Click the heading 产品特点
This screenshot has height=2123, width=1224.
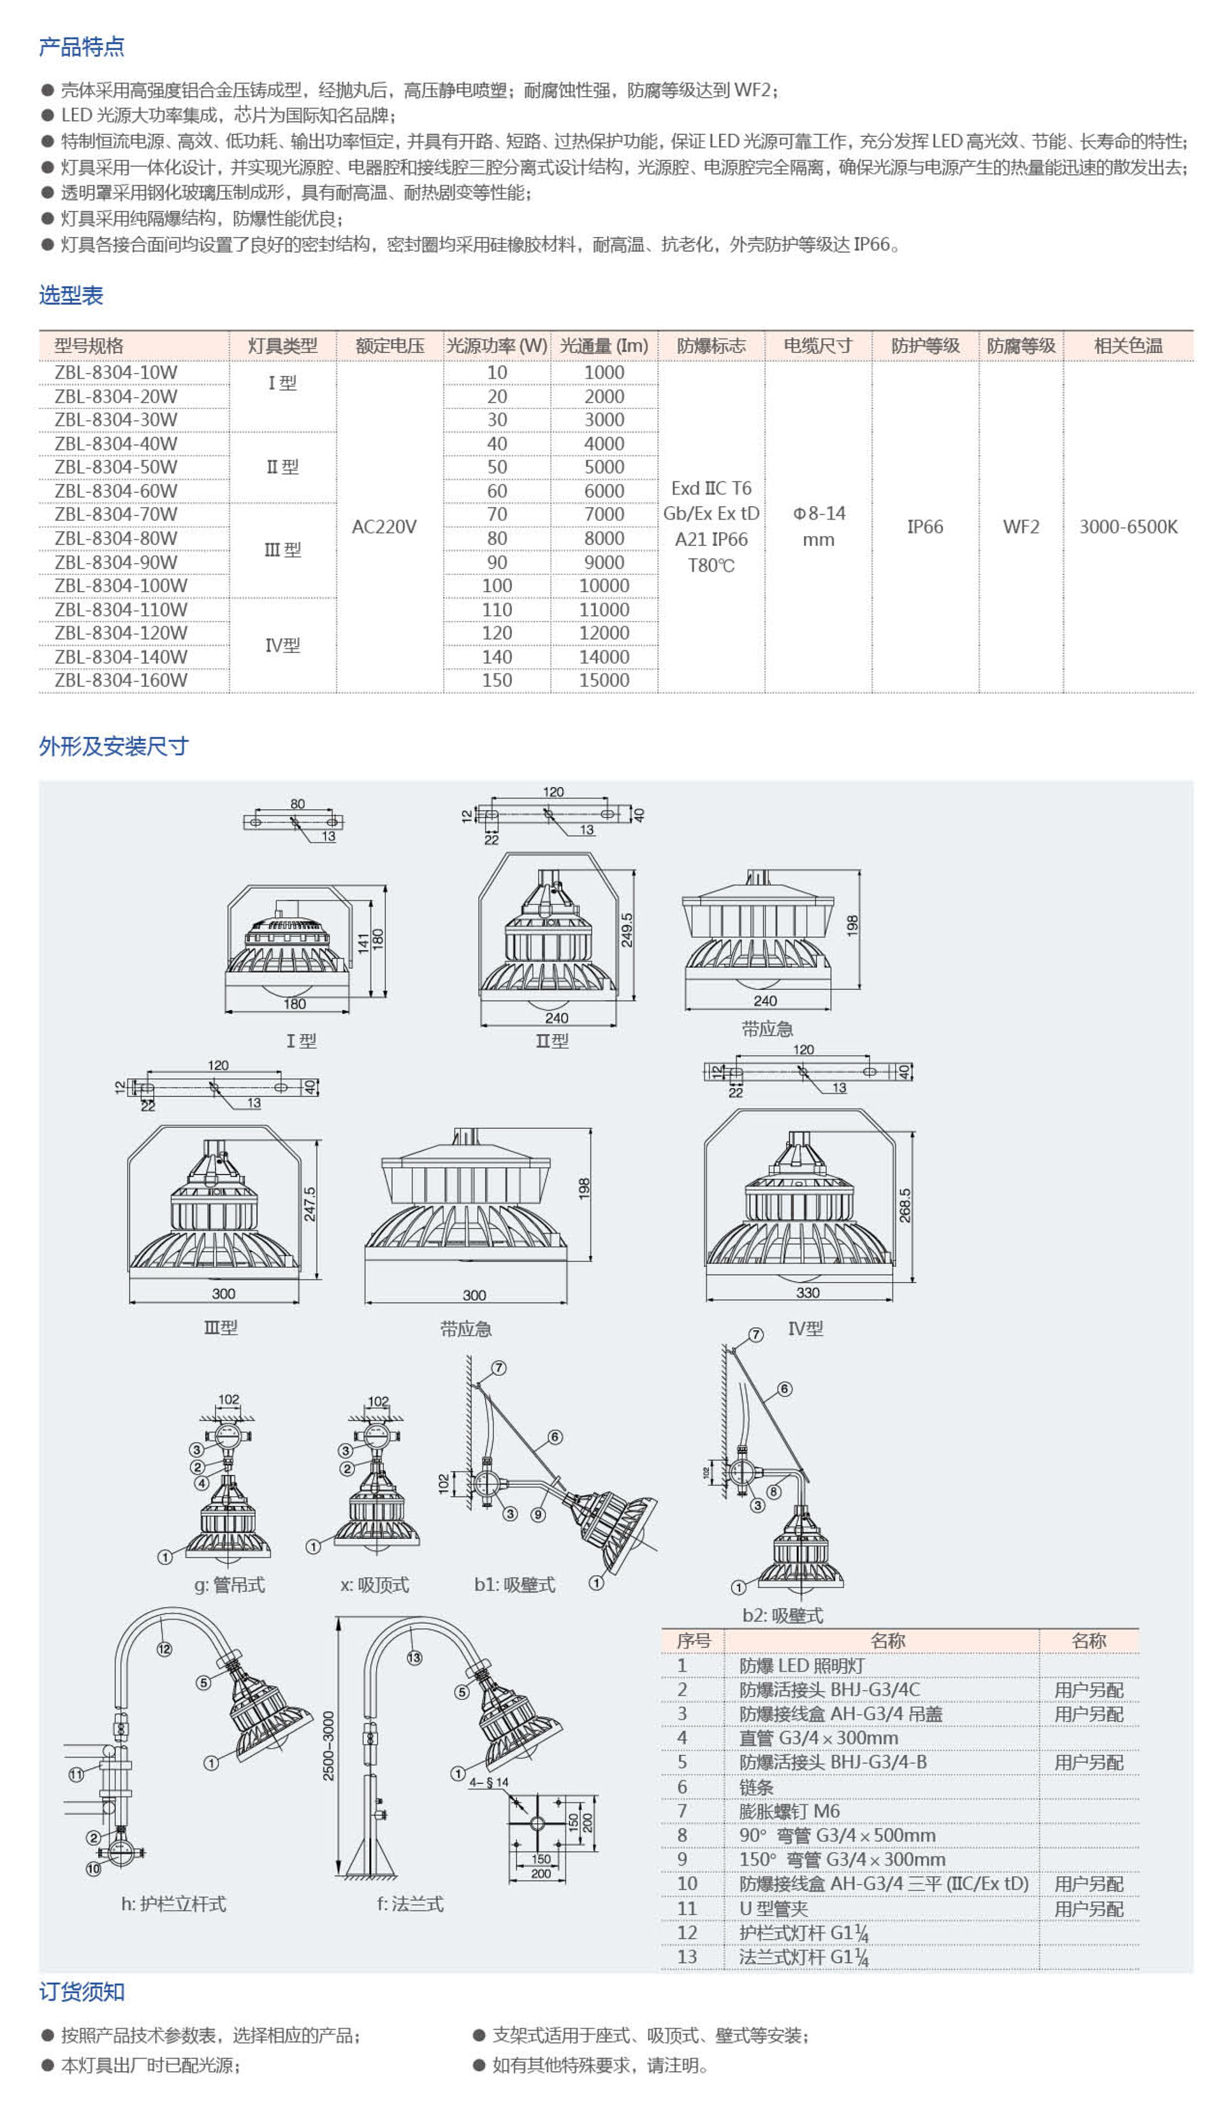[x=82, y=47]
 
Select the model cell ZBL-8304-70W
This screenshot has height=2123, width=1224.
[x=116, y=513]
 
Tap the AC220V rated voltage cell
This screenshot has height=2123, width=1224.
[x=384, y=527]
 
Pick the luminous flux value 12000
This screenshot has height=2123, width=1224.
[x=604, y=633]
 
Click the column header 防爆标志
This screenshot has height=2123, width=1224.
[x=711, y=346]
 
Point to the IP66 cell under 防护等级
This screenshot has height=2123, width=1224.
[x=925, y=527]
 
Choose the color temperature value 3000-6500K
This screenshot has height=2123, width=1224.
[x=1128, y=527]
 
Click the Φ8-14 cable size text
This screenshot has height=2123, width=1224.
[x=819, y=513]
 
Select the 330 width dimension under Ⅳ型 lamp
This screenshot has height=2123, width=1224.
[x=807, y=1293]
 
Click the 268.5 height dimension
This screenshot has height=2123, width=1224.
[x=905, y=1204]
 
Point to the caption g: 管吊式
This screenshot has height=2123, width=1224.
[x=229, y=1584]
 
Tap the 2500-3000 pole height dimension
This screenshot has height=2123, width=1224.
[x=329, y=1746]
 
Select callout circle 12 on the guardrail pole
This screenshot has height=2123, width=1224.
[x=164, y=1649]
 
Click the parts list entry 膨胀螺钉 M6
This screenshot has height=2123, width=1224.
[x=789, y=1811]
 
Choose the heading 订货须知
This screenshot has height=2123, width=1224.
[x=82, y=1992]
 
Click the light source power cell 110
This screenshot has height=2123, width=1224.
[x=497, y=609]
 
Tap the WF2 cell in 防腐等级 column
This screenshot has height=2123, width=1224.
[x=1021, y=527]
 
